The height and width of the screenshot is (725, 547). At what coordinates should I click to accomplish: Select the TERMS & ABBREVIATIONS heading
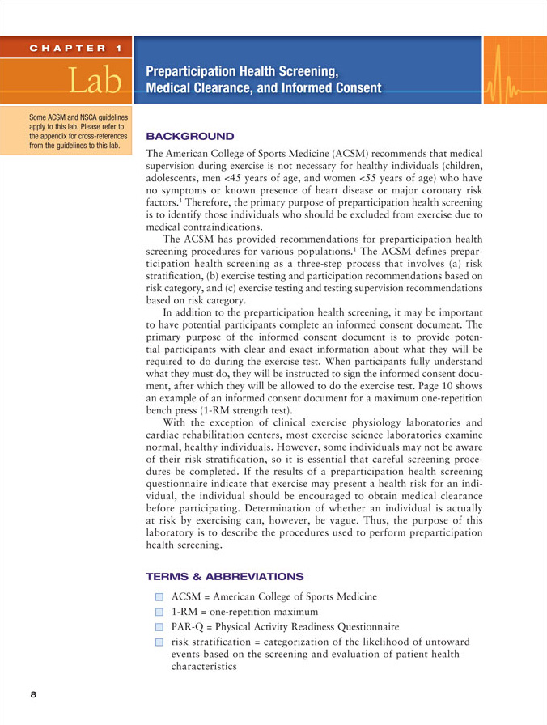pos(224,576)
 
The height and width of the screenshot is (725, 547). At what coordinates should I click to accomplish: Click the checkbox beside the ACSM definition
pos(159,597)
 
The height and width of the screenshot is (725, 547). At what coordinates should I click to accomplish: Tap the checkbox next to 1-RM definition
pos(159,612)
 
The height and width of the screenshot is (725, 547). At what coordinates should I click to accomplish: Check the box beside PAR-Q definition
pos(159,626)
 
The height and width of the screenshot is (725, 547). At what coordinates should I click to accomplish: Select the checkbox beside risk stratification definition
pos(159,642)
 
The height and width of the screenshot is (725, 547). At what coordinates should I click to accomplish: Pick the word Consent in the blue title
pos(353,87)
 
